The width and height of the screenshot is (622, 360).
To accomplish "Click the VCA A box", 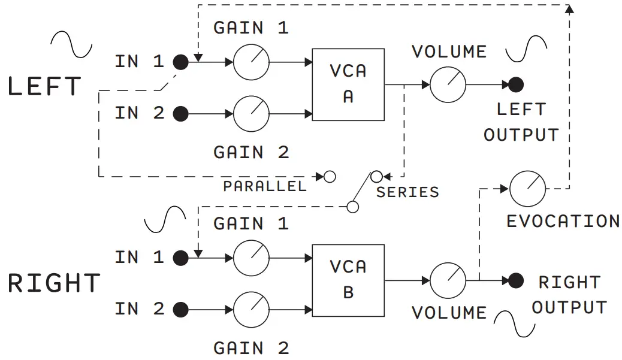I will click(x=348, y=84).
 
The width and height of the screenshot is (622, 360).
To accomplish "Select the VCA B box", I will click(x=348, y=280).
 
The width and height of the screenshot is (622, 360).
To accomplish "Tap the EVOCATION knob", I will click(x=528, y=189).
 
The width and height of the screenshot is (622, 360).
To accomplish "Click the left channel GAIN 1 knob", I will click(x=251, y=62).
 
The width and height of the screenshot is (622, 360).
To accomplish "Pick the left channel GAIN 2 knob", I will click(x=251, y=113).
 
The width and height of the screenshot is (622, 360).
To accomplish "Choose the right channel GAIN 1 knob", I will click(x=251, y=258).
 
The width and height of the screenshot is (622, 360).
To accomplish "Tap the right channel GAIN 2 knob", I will click(x=251, y=310).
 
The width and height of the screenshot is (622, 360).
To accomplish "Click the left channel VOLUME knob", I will click(x=448, y=84).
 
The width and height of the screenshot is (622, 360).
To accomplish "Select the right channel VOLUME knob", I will click(x=448, y=280).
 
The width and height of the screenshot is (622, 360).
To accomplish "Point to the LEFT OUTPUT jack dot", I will click(x=516, y=84).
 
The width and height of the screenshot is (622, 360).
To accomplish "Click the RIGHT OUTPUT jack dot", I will click(x=516, y=280).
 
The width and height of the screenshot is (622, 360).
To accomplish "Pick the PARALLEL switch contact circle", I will click(x=329, y=177).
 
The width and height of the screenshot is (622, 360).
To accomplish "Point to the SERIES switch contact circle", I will click(x=376, y=177).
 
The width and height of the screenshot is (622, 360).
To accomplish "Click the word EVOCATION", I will click(x=563, y=222).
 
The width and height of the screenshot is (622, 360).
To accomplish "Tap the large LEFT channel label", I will click(x=44, y=87).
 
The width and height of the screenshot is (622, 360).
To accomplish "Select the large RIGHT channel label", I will click(x=54, y=283).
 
